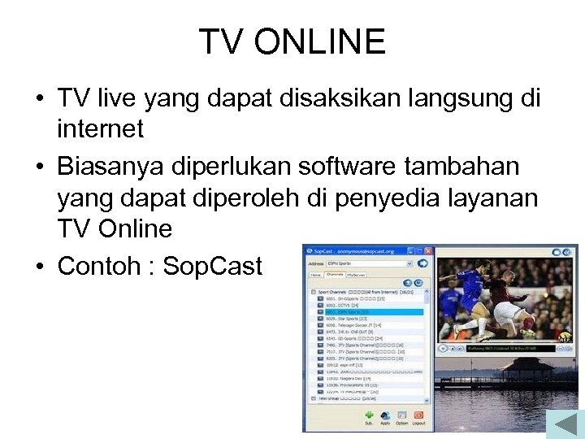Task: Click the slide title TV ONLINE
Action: coord(292,41)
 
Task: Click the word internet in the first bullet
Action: coord(100,128)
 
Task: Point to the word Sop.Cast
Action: coord(213,266)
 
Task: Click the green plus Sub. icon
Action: coord(369,416)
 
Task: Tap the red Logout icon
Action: coord(418,416)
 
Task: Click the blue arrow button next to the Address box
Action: coord(423,263)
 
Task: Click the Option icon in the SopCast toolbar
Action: coord(402,416)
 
